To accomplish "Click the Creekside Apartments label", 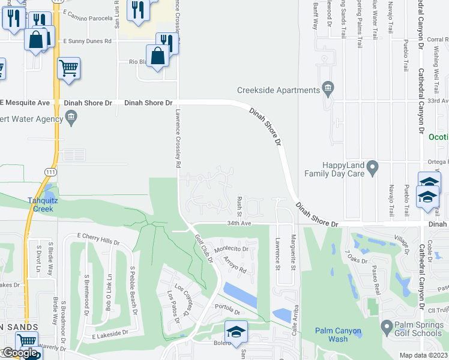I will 278,90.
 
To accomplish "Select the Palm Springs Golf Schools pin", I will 387,328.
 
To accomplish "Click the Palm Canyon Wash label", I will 339,335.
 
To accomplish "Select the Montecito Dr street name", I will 231,248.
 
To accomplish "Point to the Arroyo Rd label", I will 235,265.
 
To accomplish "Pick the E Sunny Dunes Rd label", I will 88,41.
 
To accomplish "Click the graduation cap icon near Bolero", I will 236,331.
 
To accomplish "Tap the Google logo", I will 20,353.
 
